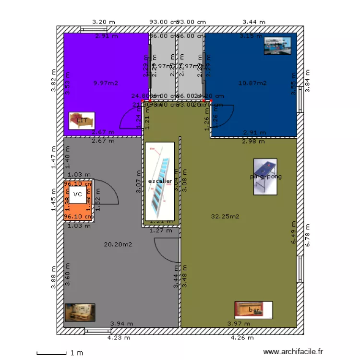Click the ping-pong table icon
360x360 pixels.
[x=265, y=177]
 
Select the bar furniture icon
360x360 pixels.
[x=253, y=310]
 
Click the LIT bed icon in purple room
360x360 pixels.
[x=82, y=120]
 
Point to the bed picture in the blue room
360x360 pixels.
[x=277, y=46]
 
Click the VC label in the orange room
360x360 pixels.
[x=78, y=194]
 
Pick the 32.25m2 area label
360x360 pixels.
[x=225, y=216]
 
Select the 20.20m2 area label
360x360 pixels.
[x=118, y=244]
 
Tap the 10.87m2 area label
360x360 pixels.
[x=252, y=83]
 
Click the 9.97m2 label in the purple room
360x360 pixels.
[x=106, y=83]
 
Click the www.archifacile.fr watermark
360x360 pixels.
[x=294, y=352]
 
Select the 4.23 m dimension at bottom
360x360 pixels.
[x=119, y=338]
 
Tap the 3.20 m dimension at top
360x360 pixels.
[x=104, y=22]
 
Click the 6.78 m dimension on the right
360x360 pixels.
[x=308, y=236]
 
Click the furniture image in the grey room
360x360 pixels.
[x=80, y=312]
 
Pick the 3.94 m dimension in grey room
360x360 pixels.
[x=121, y=324]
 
